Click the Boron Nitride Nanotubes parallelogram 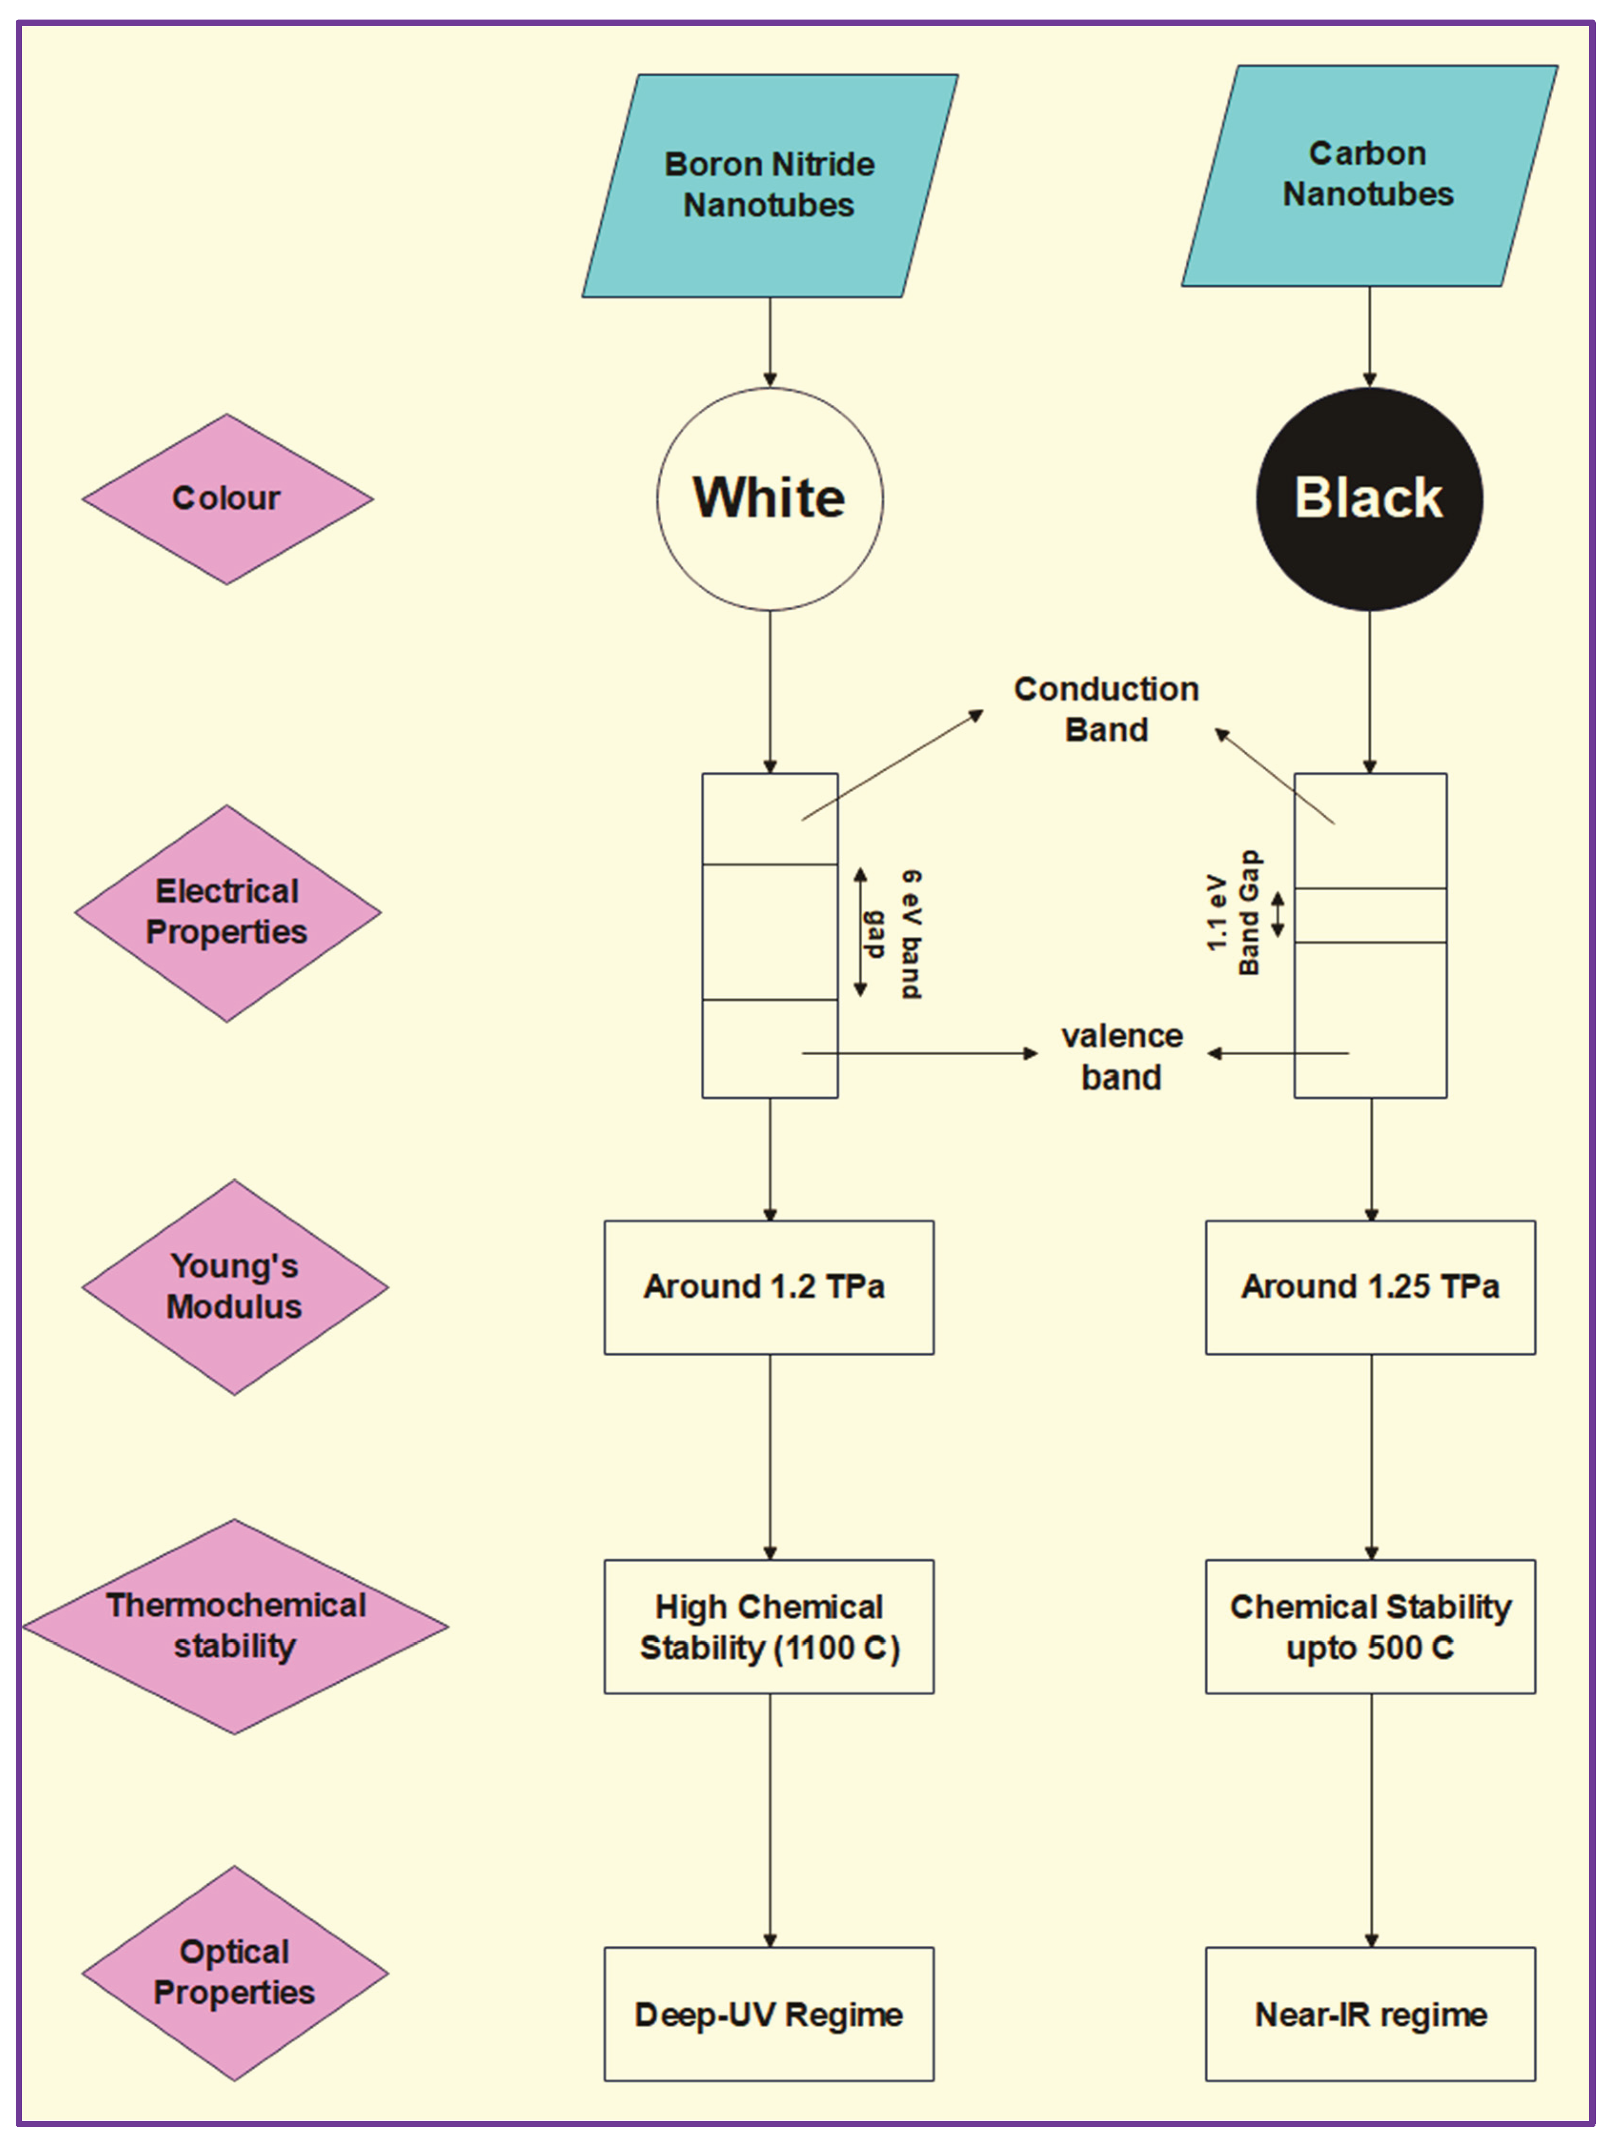coord(769,186)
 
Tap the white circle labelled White coord(769,499)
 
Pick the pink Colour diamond coord(227,499)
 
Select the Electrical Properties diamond coord(227,913)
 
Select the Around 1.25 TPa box coord(1370,1287)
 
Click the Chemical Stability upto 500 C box coord(1370,1627)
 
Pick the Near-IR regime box coord(1370,2014)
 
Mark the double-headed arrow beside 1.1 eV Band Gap coord(1278,915)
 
